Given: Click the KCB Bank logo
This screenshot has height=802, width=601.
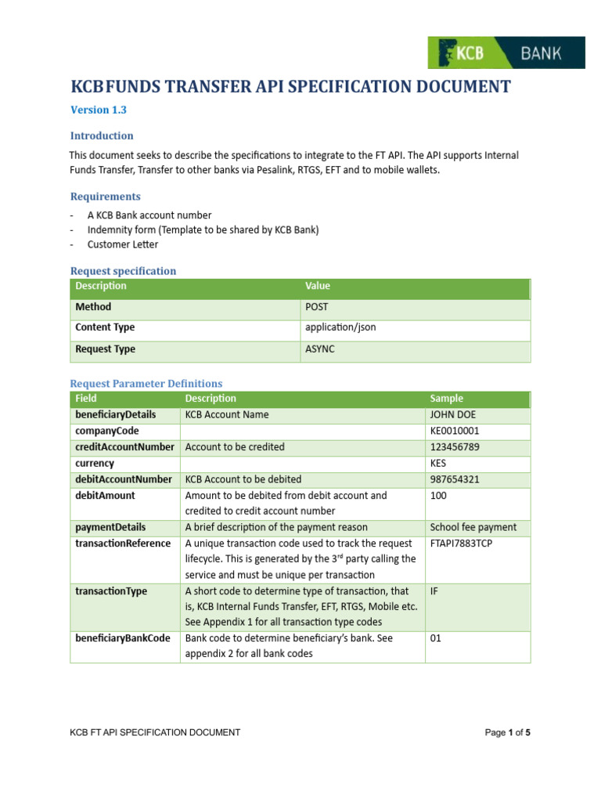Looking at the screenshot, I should pos(506,52).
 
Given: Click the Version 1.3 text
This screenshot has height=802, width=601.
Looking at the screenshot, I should pos(99,110).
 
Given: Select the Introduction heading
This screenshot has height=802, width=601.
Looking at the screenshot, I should pos(102,135).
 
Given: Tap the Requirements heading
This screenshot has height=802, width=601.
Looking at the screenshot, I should pos(106,197).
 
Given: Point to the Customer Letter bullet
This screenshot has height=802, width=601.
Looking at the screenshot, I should pos(122,244).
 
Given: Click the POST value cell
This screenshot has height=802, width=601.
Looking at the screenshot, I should pos(318,307).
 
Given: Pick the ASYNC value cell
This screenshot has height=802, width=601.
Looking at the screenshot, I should pos(320,349).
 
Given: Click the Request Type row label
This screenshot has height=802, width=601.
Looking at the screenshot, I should pos(105,349).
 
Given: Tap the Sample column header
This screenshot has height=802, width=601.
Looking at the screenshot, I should pos(447,399).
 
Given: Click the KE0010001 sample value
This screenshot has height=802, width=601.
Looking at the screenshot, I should pos(455,431).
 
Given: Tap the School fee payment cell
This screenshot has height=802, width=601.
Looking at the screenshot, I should pos(473,527).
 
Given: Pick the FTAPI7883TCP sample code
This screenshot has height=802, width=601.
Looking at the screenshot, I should pos(461,544).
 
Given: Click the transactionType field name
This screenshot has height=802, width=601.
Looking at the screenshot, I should pos(111,591).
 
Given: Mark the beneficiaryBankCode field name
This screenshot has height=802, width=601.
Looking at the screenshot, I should pos(122,638).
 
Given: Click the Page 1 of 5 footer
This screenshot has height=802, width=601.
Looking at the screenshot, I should pos(508,732).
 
